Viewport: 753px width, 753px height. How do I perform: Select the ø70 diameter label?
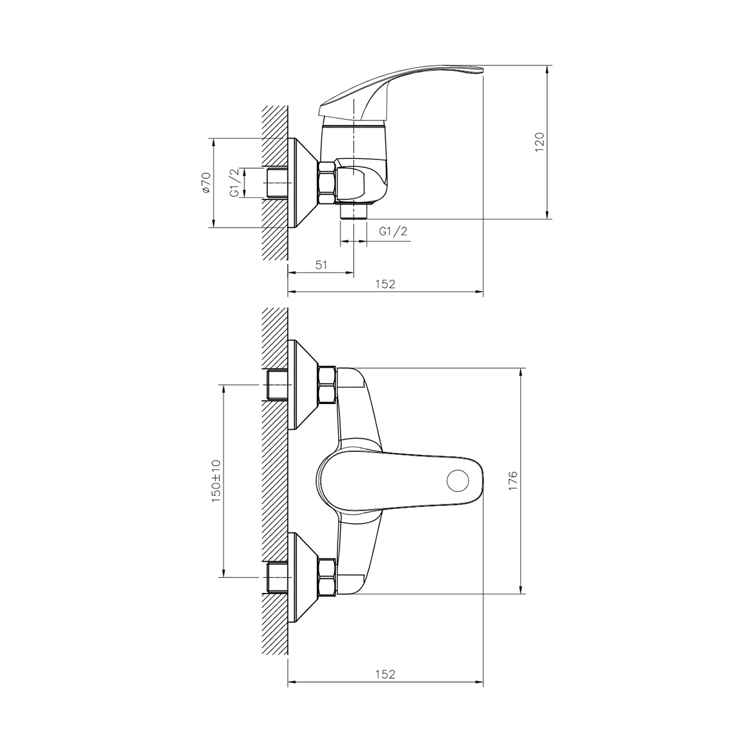[x=206, y=183]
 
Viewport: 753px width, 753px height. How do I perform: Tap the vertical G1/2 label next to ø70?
[x=233, y=183]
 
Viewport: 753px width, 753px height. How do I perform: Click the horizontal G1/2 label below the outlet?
[x=393, y=231]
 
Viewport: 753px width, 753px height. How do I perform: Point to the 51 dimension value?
[x=321, y=265]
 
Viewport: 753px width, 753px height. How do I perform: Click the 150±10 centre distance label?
[x=216, y=480]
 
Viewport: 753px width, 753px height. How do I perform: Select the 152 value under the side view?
[x=385, y=284]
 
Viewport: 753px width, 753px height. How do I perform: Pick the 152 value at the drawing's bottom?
[x=385, y=675]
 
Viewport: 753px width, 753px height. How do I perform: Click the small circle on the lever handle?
[x=457, y=482]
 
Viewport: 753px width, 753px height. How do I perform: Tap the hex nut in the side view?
[x=327, y=183]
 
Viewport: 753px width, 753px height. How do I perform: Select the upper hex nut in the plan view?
[x=327, y=385]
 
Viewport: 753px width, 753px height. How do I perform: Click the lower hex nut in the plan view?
[x=327, y=577]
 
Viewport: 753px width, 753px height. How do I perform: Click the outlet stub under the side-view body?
[x=353, y=212]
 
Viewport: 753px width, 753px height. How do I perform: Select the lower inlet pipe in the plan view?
[x=277, y=577]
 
